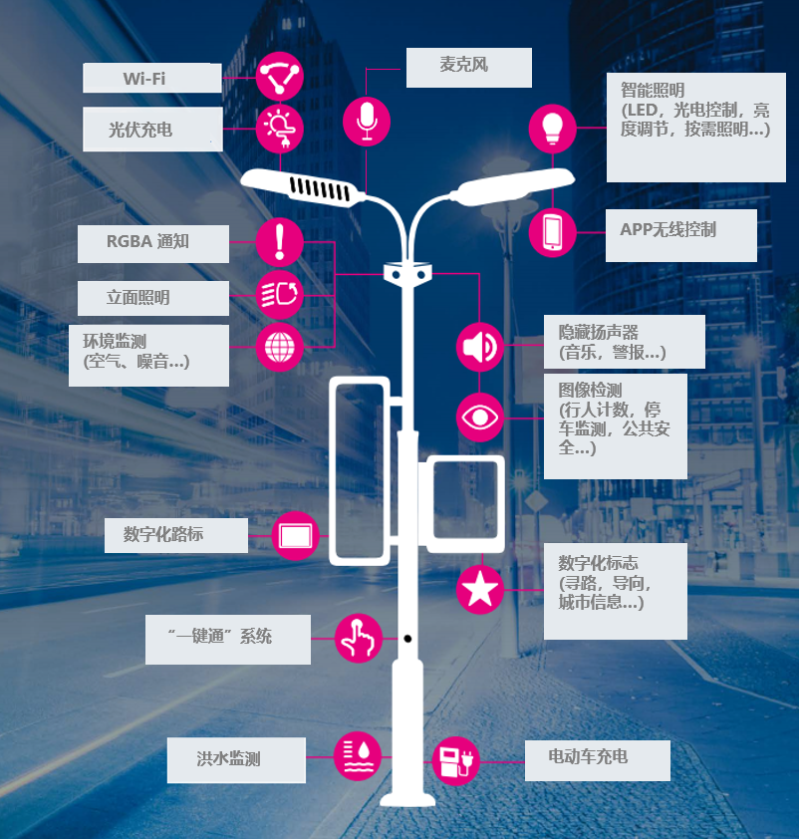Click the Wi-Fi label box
151,78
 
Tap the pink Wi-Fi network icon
279,76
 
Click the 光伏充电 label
151,129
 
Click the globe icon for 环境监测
280,348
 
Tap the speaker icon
480,347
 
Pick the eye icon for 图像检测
480,418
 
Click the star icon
480,590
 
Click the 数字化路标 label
176,535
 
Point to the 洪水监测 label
235,759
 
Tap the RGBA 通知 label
153,242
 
